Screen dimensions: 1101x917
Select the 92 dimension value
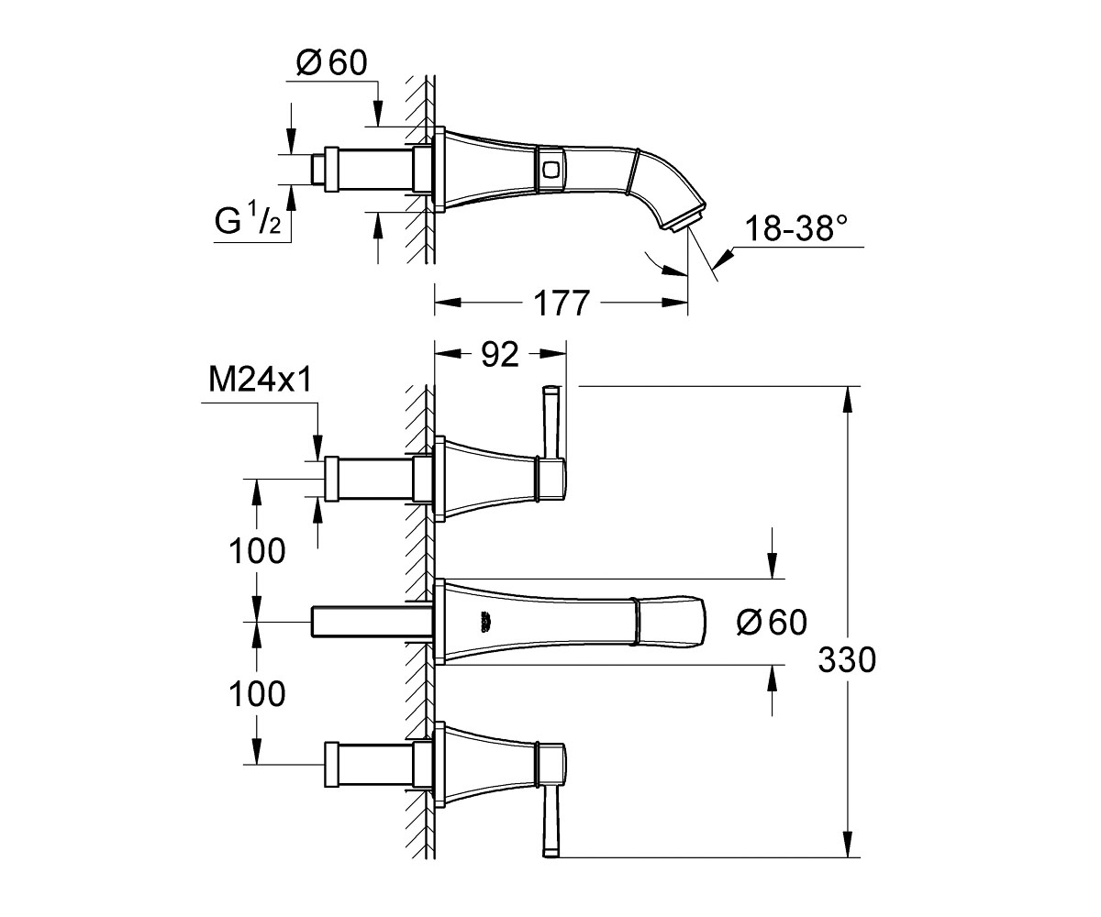coord(500,355)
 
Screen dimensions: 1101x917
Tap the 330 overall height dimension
coord(847,659)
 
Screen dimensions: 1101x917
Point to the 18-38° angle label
coord(796,228)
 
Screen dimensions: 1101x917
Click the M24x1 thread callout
coord(260,380)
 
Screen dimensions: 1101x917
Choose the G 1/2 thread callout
coord(248,220)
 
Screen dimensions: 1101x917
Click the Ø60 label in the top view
coord(331,63)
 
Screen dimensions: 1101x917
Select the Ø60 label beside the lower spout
coord(772,622)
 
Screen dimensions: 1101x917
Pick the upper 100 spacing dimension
coord(257,551)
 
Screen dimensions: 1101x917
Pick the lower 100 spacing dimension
coord(257,693)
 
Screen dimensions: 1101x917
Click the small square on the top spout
coord(550,169)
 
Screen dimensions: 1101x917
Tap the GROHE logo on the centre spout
coord(483,622)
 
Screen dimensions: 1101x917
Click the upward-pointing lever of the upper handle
coord(550,423)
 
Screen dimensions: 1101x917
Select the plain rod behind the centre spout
coord(373,622)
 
